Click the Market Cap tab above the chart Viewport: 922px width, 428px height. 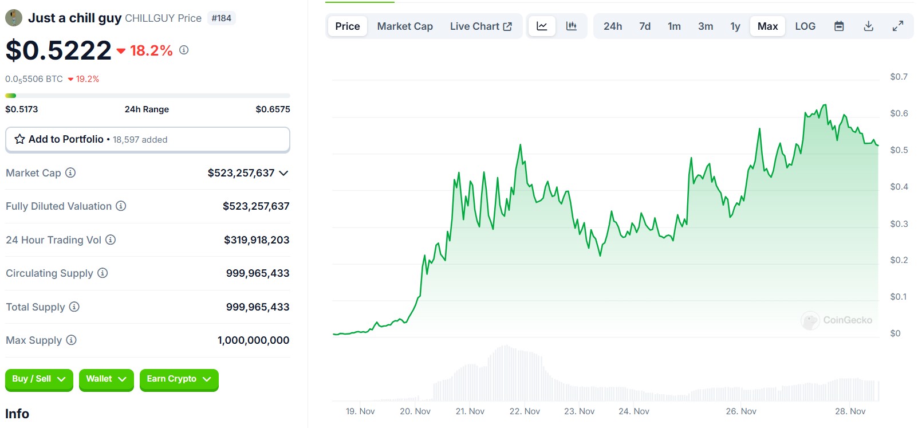point(405,26)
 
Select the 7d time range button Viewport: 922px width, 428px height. point(645,26)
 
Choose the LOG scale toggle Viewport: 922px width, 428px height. point(805,26)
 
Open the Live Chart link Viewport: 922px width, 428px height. point(480,26)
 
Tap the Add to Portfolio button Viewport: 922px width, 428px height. point(147,139)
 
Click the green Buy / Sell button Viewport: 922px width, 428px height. point(39,379)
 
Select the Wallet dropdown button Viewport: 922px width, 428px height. point(106,379)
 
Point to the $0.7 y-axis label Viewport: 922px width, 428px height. point(899,77)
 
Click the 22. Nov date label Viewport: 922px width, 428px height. point(525,411)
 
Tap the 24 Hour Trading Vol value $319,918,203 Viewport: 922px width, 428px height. point(257,240)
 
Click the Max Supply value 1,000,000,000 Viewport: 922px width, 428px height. point(253,340)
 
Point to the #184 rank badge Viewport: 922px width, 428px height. point(222,18)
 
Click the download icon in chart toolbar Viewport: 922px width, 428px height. point(868,26)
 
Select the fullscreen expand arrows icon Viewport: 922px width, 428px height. point(898,26)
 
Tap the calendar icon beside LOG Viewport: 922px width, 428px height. point(839,26)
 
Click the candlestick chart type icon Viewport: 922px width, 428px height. point(571,26)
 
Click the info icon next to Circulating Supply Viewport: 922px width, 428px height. point(103,273)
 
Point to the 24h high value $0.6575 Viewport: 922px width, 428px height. point(273,109)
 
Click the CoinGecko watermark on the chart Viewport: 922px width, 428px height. point(837,320)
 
